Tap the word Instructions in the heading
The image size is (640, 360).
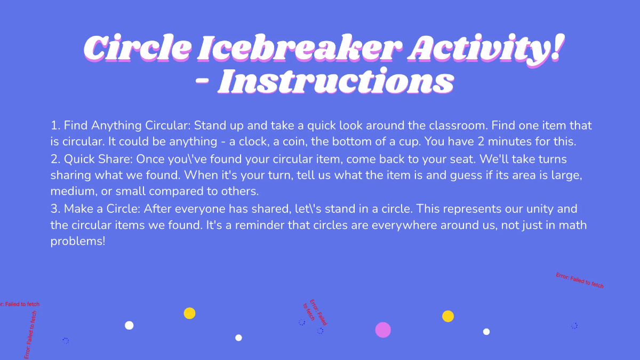click(x=335, y=82)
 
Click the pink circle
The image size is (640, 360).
click(x=383, y=330)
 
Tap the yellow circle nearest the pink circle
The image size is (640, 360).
click(x=448, y=316)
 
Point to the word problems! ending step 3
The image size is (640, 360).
click(x=78, y=241)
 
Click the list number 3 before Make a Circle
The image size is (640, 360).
click(x=54, y=209)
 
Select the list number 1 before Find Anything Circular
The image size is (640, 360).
click(x=54, y=126)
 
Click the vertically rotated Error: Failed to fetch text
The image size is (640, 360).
click(x=30, y=335)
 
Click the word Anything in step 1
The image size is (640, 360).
click(x=117, y=126)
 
